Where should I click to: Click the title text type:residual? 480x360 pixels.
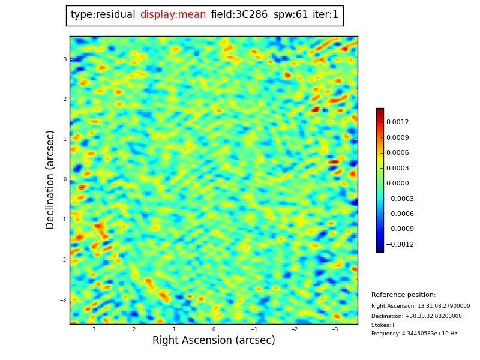point(103,15)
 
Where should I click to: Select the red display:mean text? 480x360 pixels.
point(173,15)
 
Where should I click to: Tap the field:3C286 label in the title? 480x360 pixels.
point(239,15)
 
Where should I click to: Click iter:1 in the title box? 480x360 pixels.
point(325,15)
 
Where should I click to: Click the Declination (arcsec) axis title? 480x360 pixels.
point(50,179)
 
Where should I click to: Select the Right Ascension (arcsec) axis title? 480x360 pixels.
point(214,340)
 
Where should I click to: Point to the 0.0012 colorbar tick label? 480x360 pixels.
point(397,122)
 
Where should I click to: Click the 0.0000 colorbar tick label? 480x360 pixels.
point(397,184)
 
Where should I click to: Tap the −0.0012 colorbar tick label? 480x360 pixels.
point(399,245)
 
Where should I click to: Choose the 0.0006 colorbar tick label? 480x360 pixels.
point(397,153)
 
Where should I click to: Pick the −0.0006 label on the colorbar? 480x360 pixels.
point(399,214)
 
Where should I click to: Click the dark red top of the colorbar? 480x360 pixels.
point(380,111)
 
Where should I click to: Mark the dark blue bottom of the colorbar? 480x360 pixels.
point(380,249)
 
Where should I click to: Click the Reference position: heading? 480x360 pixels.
point(403,295)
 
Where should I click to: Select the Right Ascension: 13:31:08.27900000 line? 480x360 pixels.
point(421,306)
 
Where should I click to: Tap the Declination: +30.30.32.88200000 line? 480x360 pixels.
point(416,316)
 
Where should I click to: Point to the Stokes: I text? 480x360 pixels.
point(383,325)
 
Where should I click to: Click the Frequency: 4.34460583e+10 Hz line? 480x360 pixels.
point(414,334)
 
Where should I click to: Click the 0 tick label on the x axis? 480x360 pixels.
point(214,329)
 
